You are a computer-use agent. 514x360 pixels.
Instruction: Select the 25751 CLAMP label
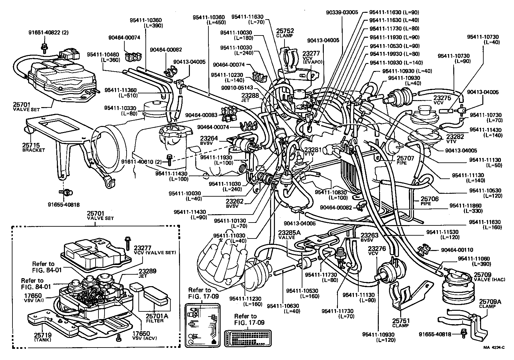click(x=401, y=323)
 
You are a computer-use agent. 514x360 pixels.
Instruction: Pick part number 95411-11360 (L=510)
click(x=121, y=92)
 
